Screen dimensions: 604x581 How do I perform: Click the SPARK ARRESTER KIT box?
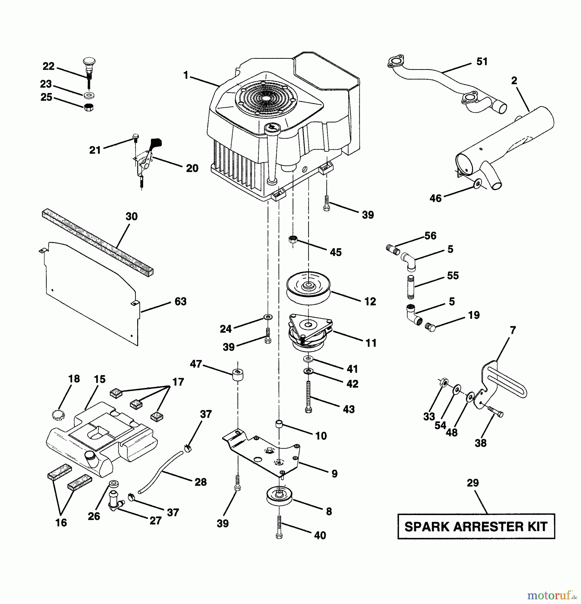476,526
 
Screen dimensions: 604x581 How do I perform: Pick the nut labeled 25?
88,107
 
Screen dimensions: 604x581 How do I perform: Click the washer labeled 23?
89,96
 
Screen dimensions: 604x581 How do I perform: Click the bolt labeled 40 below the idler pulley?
279,527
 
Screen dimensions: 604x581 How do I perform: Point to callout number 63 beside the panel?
180,301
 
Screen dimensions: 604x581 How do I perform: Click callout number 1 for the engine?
186,75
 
